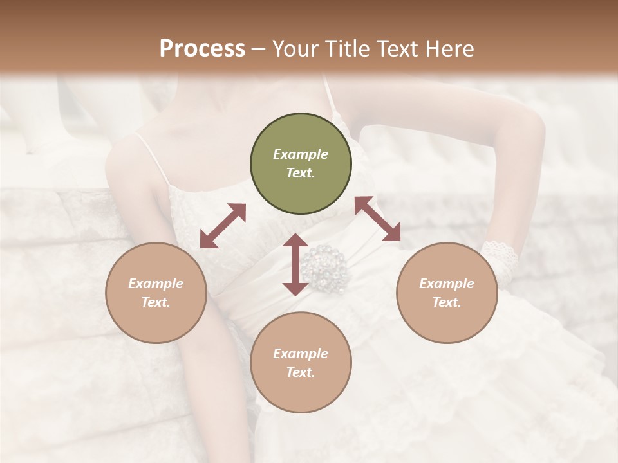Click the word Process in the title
tap(202, 49)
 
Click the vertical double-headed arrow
tap(295, 264)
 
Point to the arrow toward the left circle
tap(223, 226)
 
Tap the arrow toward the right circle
tap(378, 219)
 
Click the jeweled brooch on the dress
tap(326, 267)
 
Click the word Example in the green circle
tap(301, 154)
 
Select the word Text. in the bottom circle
tap(301, 372)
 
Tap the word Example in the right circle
tap(447, 284)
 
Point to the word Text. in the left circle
tap(156, 302)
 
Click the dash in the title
tap(259, 49)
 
